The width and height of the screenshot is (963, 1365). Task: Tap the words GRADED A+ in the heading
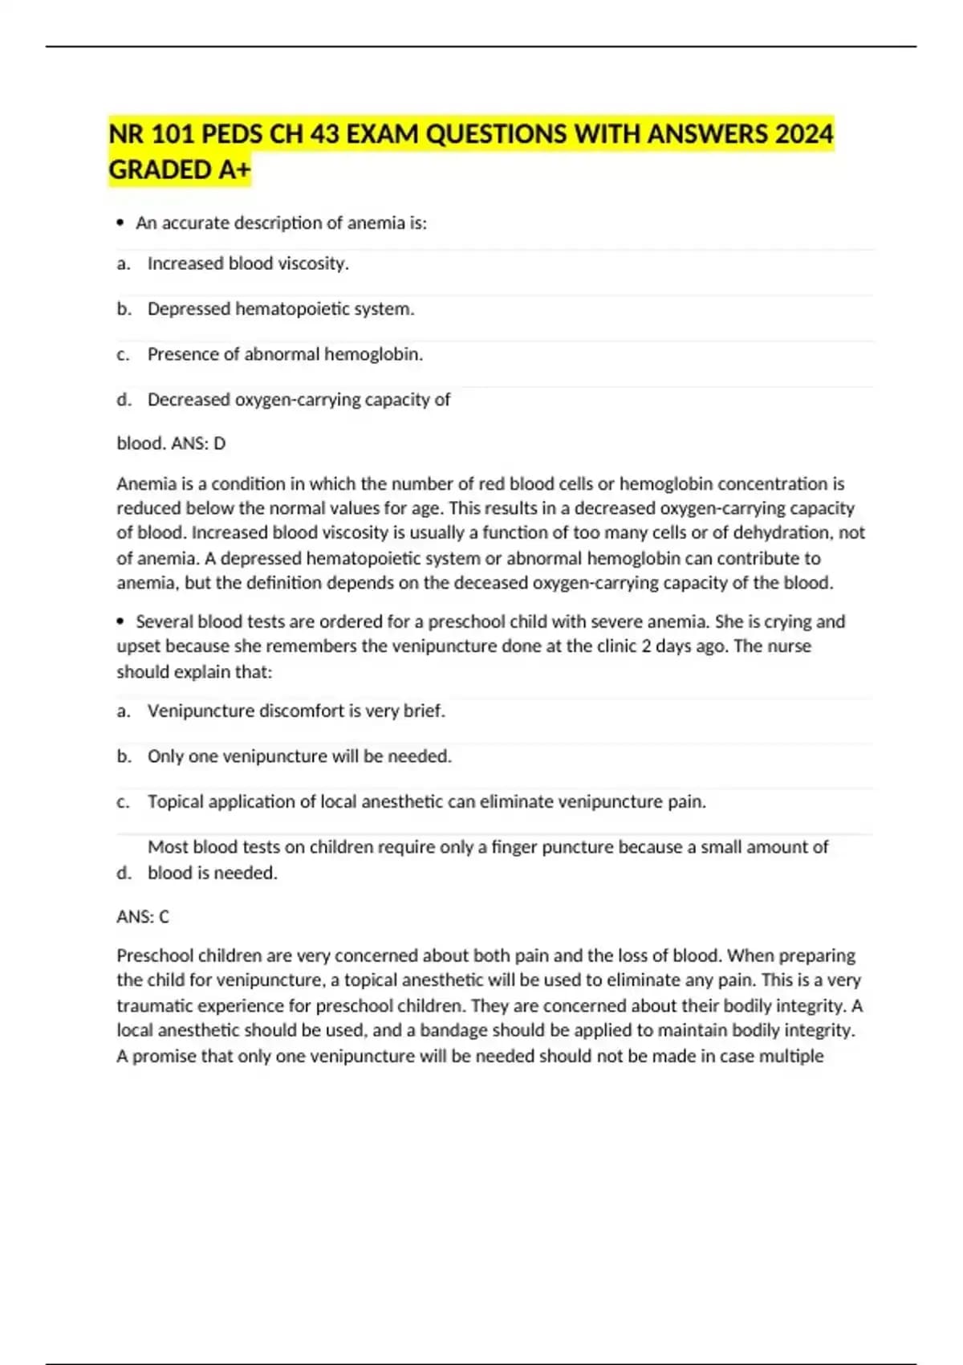point(180,170)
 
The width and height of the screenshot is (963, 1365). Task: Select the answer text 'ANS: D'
point(198,443)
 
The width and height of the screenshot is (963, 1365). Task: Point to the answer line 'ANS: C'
point(143,917)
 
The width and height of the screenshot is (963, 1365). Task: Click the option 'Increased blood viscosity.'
point(248,263)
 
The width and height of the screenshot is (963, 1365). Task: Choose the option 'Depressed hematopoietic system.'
point(281,309)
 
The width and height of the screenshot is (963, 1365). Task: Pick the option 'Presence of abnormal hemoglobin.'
point(285,354)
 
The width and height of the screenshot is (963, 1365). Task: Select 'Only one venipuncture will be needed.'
point(299,756)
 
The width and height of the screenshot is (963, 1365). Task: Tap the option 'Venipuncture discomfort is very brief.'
point(296,711)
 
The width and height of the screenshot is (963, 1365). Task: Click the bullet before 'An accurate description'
point(121,223)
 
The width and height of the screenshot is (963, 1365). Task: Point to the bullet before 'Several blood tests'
point(121,621)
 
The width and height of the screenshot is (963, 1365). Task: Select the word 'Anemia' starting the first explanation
point(144,484)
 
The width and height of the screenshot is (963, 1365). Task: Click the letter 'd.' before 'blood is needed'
point(124,873)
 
